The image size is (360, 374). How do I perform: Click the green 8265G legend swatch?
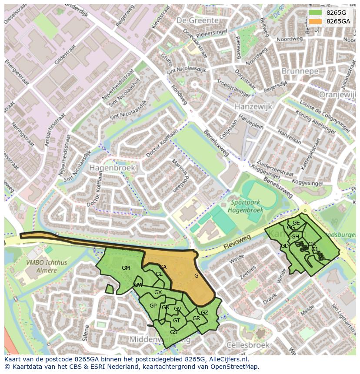tap(316, 13)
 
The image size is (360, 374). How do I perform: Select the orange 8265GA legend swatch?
tap(316, 21)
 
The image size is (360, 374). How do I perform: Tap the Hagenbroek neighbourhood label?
tap(112, 167)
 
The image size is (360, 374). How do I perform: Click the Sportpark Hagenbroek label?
tap(245, 206)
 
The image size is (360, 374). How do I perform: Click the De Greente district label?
tap(198, 20)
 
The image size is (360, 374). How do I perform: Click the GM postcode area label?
tap(126, 268)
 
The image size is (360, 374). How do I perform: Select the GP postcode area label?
tap(153, 306)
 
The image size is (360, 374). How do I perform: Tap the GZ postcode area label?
tap(204, 313)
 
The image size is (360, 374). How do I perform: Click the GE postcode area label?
tap(296, 223)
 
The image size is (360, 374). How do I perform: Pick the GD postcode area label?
tap(285, 246)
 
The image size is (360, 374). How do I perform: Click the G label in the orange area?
tap(197, 276)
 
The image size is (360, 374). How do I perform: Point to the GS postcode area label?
tap(173, 332)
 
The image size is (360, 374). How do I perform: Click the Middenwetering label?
tap(160, 340)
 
